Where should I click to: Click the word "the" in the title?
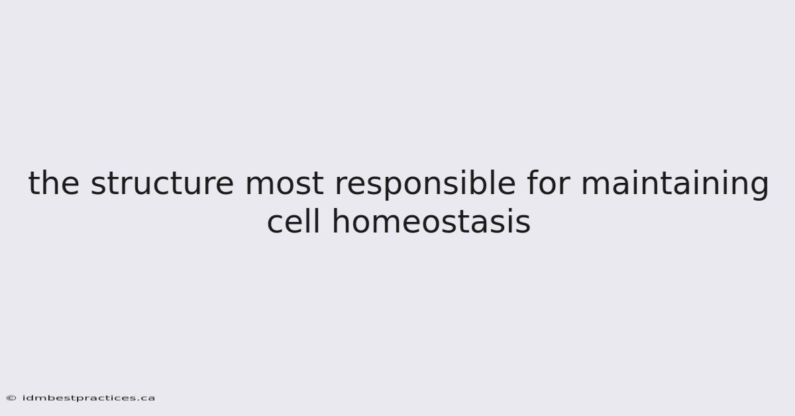click(54, 182)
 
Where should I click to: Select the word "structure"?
click(162, 183)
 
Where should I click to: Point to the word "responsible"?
click(425, 185)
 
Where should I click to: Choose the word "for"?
click(549, 182)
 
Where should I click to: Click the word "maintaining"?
click(675, 185)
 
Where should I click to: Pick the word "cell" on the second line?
click(293, 221)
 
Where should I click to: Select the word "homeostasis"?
click(431, 221)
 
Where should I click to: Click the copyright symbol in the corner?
click(11, 398)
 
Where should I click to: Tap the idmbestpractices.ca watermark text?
click(89, 398)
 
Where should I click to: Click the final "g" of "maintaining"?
click(759, 187)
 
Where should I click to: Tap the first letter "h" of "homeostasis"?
click(341, 221)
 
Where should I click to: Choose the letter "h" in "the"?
click(50, 182)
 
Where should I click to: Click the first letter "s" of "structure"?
click(98, 185)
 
